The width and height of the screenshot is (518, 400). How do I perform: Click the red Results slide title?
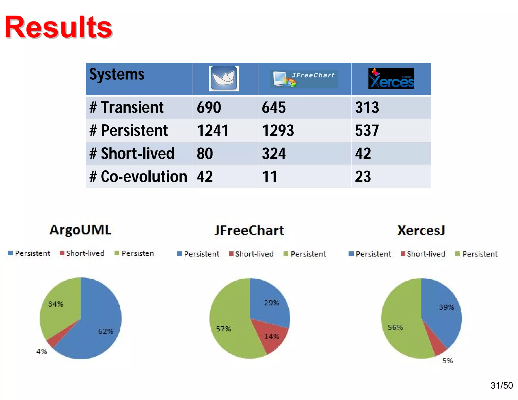point(58,27)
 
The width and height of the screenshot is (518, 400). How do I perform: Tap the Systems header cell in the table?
point(117,75)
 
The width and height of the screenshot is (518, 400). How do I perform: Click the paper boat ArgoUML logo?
point(224,78)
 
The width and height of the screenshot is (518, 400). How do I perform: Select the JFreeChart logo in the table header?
point(304,79)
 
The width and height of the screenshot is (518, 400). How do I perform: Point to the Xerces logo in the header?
point(391,79)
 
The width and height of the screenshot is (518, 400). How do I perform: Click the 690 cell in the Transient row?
point(209,107)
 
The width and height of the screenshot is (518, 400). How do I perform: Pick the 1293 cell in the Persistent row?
point(278,131)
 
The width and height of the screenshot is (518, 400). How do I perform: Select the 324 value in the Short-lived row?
point(274,154)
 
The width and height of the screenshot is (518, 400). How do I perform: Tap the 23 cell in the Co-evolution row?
point(363,176)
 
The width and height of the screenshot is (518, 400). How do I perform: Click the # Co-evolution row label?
point(138,176)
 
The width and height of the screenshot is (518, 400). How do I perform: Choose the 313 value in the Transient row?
point(367,107)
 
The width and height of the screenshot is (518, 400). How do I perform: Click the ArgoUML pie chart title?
point(80,230)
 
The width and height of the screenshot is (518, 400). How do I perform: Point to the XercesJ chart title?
point(421,230)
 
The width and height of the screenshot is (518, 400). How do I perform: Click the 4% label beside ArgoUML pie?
point(42,351)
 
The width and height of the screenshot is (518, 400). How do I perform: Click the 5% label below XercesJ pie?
point(447,361)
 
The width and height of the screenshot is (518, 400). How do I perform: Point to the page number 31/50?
point(501,385)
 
